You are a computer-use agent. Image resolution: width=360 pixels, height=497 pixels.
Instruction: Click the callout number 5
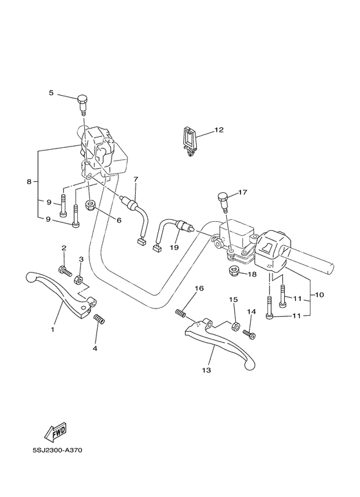click(51, 93)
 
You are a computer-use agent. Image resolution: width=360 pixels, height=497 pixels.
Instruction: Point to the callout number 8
click(29, 182)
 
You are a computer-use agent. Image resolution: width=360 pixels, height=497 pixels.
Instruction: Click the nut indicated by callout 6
click(91, 206)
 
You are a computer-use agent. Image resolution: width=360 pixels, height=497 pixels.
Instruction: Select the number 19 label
click(174, 246)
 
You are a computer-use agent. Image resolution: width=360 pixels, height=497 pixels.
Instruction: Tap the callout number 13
click(207, 370)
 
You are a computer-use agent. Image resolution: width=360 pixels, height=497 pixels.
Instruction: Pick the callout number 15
click(234, 300)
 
